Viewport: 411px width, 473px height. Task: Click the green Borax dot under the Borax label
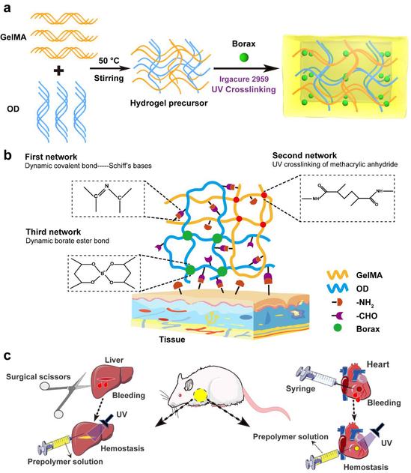click(x=243, y=57)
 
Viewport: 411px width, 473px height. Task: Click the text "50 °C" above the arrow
click(x=109, y=61)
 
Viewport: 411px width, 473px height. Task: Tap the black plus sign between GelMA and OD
click(x=58, y=71)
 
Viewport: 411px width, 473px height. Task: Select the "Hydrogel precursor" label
click(x=168, y=103)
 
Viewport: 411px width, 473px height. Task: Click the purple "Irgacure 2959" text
click(x=244, y=79)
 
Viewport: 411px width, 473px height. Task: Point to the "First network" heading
click(x=51, y=157)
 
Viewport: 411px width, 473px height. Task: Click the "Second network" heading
click(x=305, y=155)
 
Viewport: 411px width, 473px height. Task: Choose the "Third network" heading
click(x=53, y=232)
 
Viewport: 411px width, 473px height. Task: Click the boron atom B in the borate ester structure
click(x=103, y=274)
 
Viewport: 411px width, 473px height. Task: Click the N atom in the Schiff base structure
click(x=106, y=186)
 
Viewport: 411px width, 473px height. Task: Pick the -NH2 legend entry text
click(x=365, y=303)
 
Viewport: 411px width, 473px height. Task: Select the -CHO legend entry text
click(x=366, y=316)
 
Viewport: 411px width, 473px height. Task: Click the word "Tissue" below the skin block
click(x=172, y=340)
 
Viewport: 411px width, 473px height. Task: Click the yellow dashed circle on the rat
click(x=200, y=396)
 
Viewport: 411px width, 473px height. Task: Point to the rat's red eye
click(x=180, y=395)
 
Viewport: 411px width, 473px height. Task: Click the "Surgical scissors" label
click(x=38, y=377)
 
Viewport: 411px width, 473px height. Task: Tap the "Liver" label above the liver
click(x=115, y=360)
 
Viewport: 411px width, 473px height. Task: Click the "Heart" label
click(x=378, y=364)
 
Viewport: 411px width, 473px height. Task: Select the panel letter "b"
click(x=7, y=155)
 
